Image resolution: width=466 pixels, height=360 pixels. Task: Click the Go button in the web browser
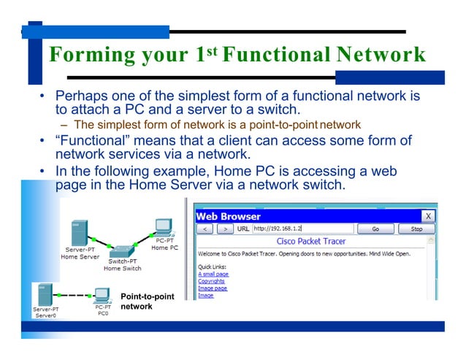point(375,229)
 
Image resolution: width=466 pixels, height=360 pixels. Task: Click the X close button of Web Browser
point(428,216)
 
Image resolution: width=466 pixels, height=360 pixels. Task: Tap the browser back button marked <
point(207,229)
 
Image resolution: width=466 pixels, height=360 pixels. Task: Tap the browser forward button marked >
point(225,229)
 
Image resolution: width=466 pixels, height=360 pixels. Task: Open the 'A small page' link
point(213,274)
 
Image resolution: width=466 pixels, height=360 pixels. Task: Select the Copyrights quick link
point(212,281)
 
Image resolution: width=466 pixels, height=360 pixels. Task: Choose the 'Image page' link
point(213,288)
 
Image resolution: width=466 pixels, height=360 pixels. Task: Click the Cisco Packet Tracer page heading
point(310,241)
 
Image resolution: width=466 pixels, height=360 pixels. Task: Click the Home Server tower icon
point(78,234)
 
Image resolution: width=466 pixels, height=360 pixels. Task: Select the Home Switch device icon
point(123,250)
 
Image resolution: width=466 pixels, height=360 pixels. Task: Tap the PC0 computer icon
point(102,295)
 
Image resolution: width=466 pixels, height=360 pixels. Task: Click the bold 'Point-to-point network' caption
point(147,302)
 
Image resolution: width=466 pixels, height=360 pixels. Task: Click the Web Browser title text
point(228,216)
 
